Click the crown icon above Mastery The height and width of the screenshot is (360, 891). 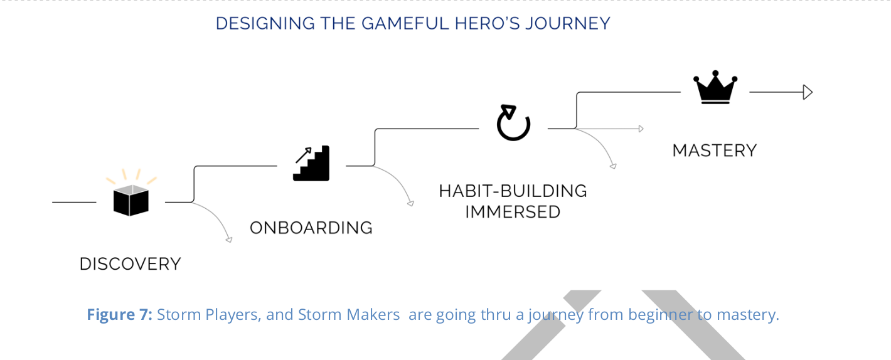[x=715, y=88]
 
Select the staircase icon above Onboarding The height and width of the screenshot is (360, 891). [x=311, y=163]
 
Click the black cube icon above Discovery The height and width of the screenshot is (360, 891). [x=131, y=200]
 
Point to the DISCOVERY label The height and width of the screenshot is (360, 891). [x=130, y=264]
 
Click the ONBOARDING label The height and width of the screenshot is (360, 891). [x=311, y=228]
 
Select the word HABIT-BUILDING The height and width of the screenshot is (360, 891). [x=513, y=191]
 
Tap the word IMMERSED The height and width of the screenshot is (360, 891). [x=513, y=212]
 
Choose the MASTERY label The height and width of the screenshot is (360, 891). [x=715, y=151]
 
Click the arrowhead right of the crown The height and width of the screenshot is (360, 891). [x=808, y=92]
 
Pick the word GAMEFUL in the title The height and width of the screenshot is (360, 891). [x=405, y=23]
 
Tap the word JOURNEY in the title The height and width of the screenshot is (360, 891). [x=568, y=23]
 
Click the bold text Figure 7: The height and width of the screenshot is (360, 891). [x=119, y=315]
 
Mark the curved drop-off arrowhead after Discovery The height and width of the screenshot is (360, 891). [x=229, y=240]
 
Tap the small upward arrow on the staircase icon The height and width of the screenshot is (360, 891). [x=304, y=155]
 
